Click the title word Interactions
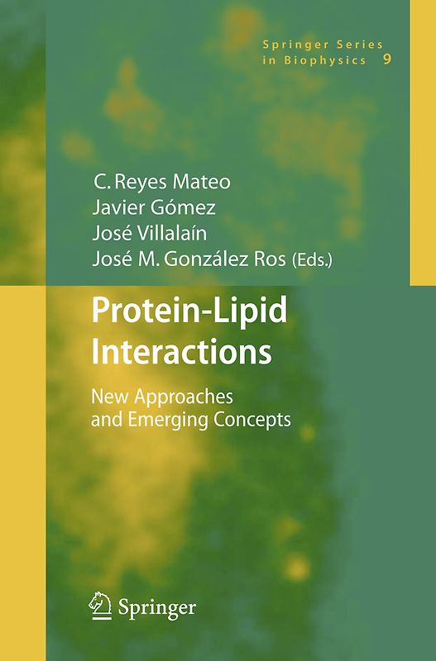[181, 352]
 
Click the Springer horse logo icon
[100, 605]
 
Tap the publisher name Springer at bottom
[156, 608]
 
